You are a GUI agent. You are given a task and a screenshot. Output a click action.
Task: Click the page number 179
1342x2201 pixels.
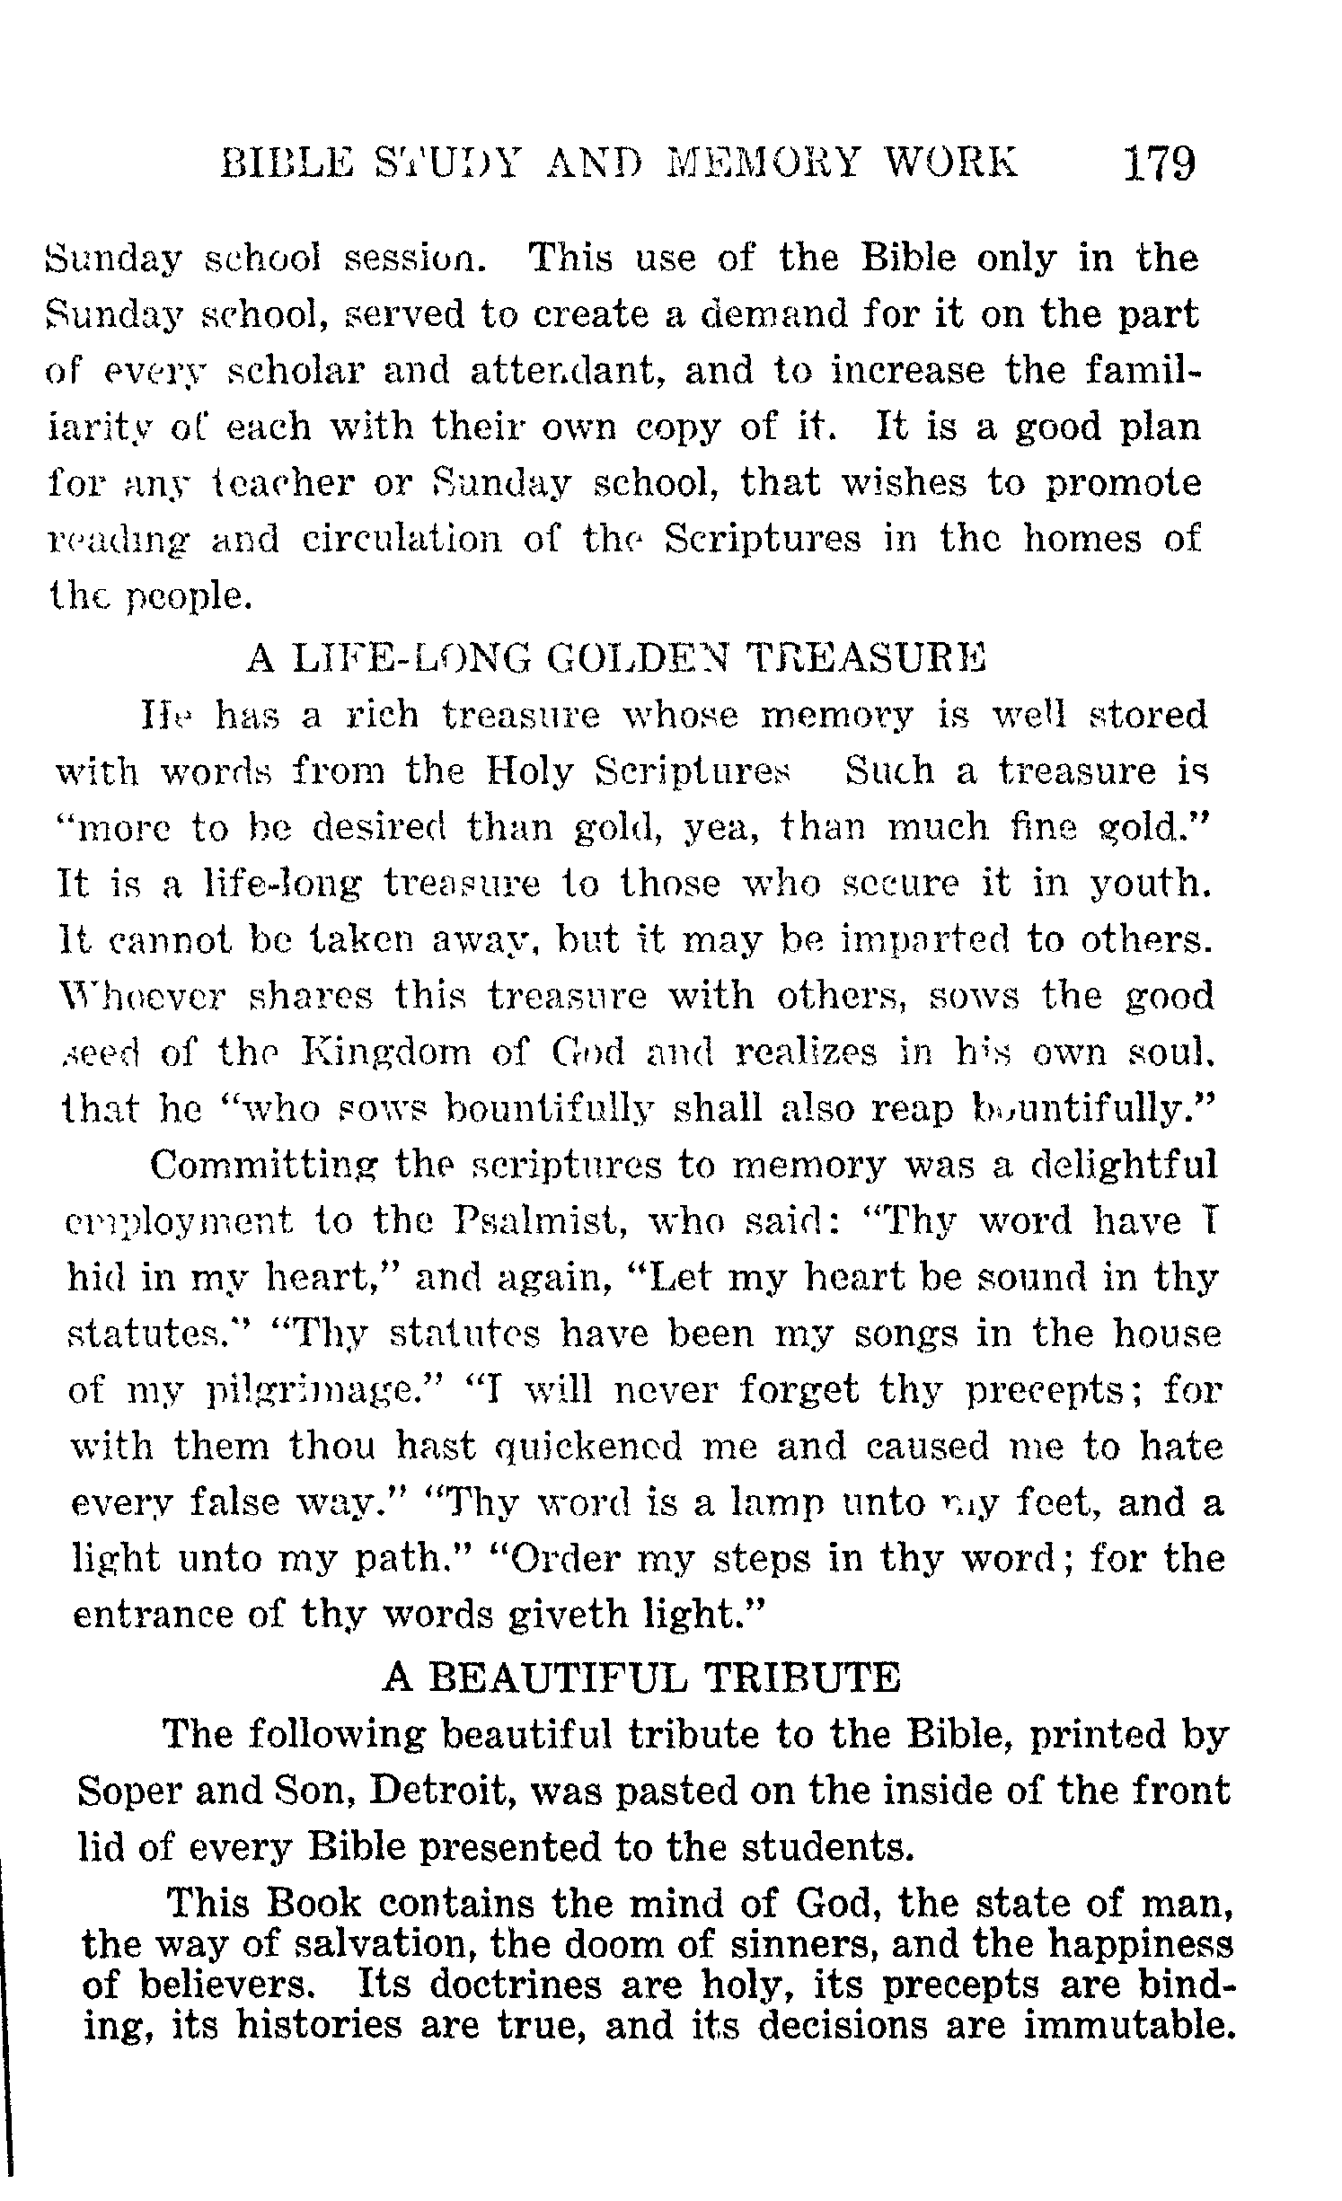(x=1159, y=164)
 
